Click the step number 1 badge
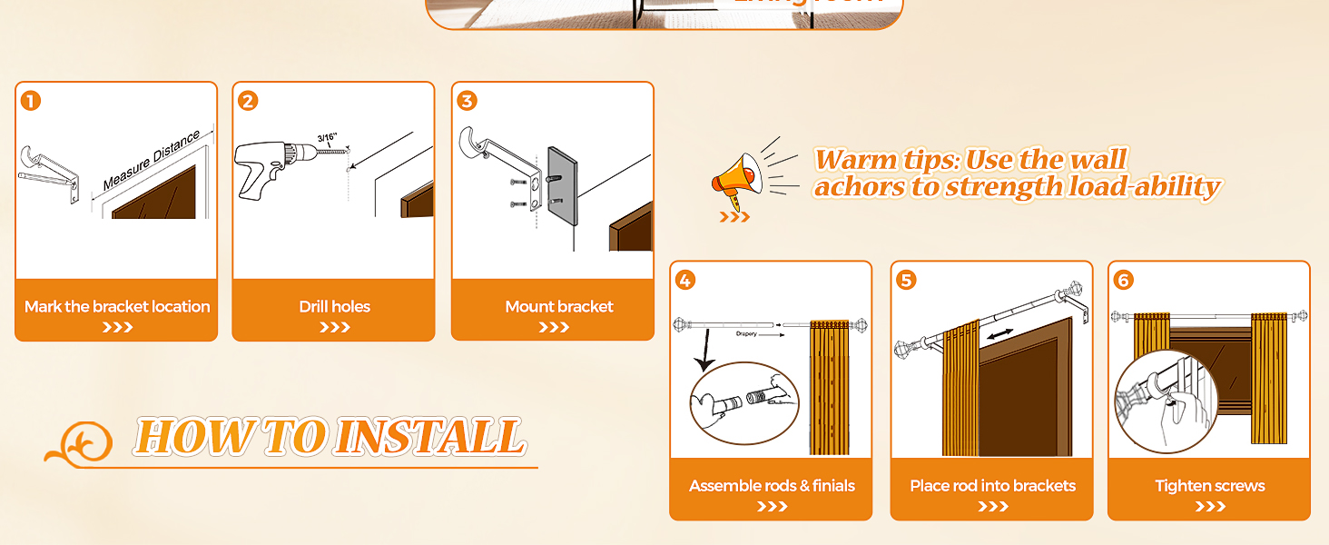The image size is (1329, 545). tap(31, 100)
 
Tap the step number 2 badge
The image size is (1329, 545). tap(249, 100)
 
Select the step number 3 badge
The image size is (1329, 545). tap(468, 100)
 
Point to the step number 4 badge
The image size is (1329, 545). tap(685, 280)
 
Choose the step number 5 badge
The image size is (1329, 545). tap(906, 280)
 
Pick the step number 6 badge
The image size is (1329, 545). tap(1124, 280)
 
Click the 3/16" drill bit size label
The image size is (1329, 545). tap(330, 139)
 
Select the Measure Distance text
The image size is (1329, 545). tap(151, 162)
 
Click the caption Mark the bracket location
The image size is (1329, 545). tap(117, 307)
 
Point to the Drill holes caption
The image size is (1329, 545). tap(334, 307)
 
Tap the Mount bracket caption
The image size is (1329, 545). tap(559, 307)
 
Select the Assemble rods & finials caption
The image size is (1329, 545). tap(772, 486)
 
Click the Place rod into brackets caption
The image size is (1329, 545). tap(992, 486)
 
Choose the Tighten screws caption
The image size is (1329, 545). tap(1209, 486)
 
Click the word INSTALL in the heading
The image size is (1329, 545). tap(428, 437)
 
